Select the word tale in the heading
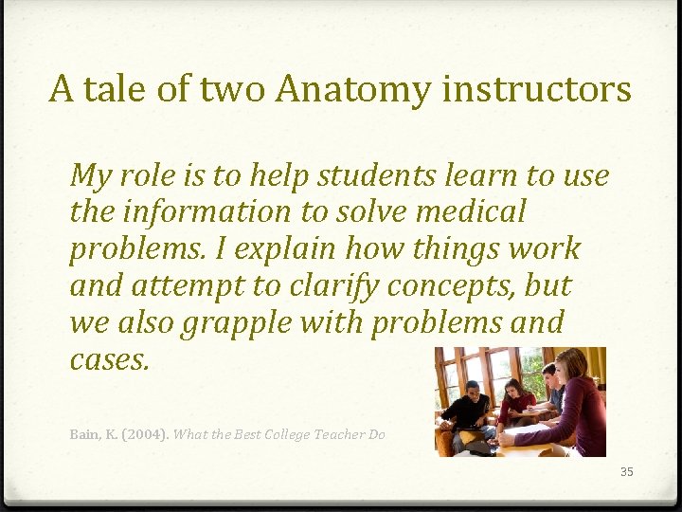(x=106, y=89)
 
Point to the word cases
(x=110, y=359)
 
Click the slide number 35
(x=625, y=471)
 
